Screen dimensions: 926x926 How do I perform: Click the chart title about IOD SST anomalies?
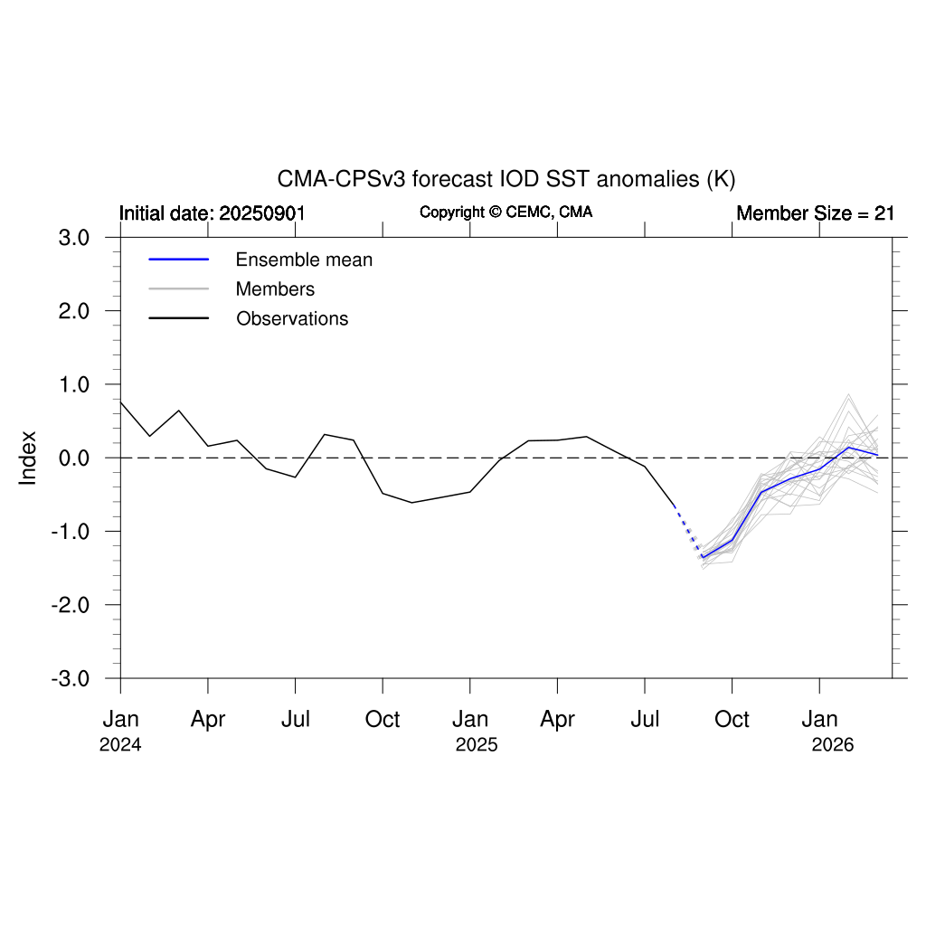point(506,178)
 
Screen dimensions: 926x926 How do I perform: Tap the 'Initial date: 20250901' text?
point(212,213)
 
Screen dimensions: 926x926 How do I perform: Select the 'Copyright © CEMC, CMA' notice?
point(506,212)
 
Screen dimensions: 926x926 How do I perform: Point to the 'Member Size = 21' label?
point(815,213)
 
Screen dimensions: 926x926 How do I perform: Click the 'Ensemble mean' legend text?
point(304,260)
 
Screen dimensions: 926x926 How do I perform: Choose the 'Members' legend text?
point(275,289)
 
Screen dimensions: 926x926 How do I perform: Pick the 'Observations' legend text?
point(292,318)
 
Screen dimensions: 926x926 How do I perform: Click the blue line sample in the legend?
point(179,260)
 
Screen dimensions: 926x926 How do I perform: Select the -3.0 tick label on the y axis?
point(71,678)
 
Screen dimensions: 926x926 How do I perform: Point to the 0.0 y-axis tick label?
point(74,458)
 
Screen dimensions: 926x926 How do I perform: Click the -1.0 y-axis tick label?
point(71,531)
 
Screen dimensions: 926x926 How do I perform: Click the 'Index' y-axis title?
point(28,458)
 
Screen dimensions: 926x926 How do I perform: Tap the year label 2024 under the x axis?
point(120,746)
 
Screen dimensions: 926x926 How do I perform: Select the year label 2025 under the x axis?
point(477,746)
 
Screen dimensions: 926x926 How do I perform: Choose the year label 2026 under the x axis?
point(833,746)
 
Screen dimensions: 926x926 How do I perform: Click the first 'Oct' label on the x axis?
point(383,720)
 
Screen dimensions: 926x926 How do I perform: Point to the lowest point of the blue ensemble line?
point(703,557)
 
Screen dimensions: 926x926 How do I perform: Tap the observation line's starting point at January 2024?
point(120,402)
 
